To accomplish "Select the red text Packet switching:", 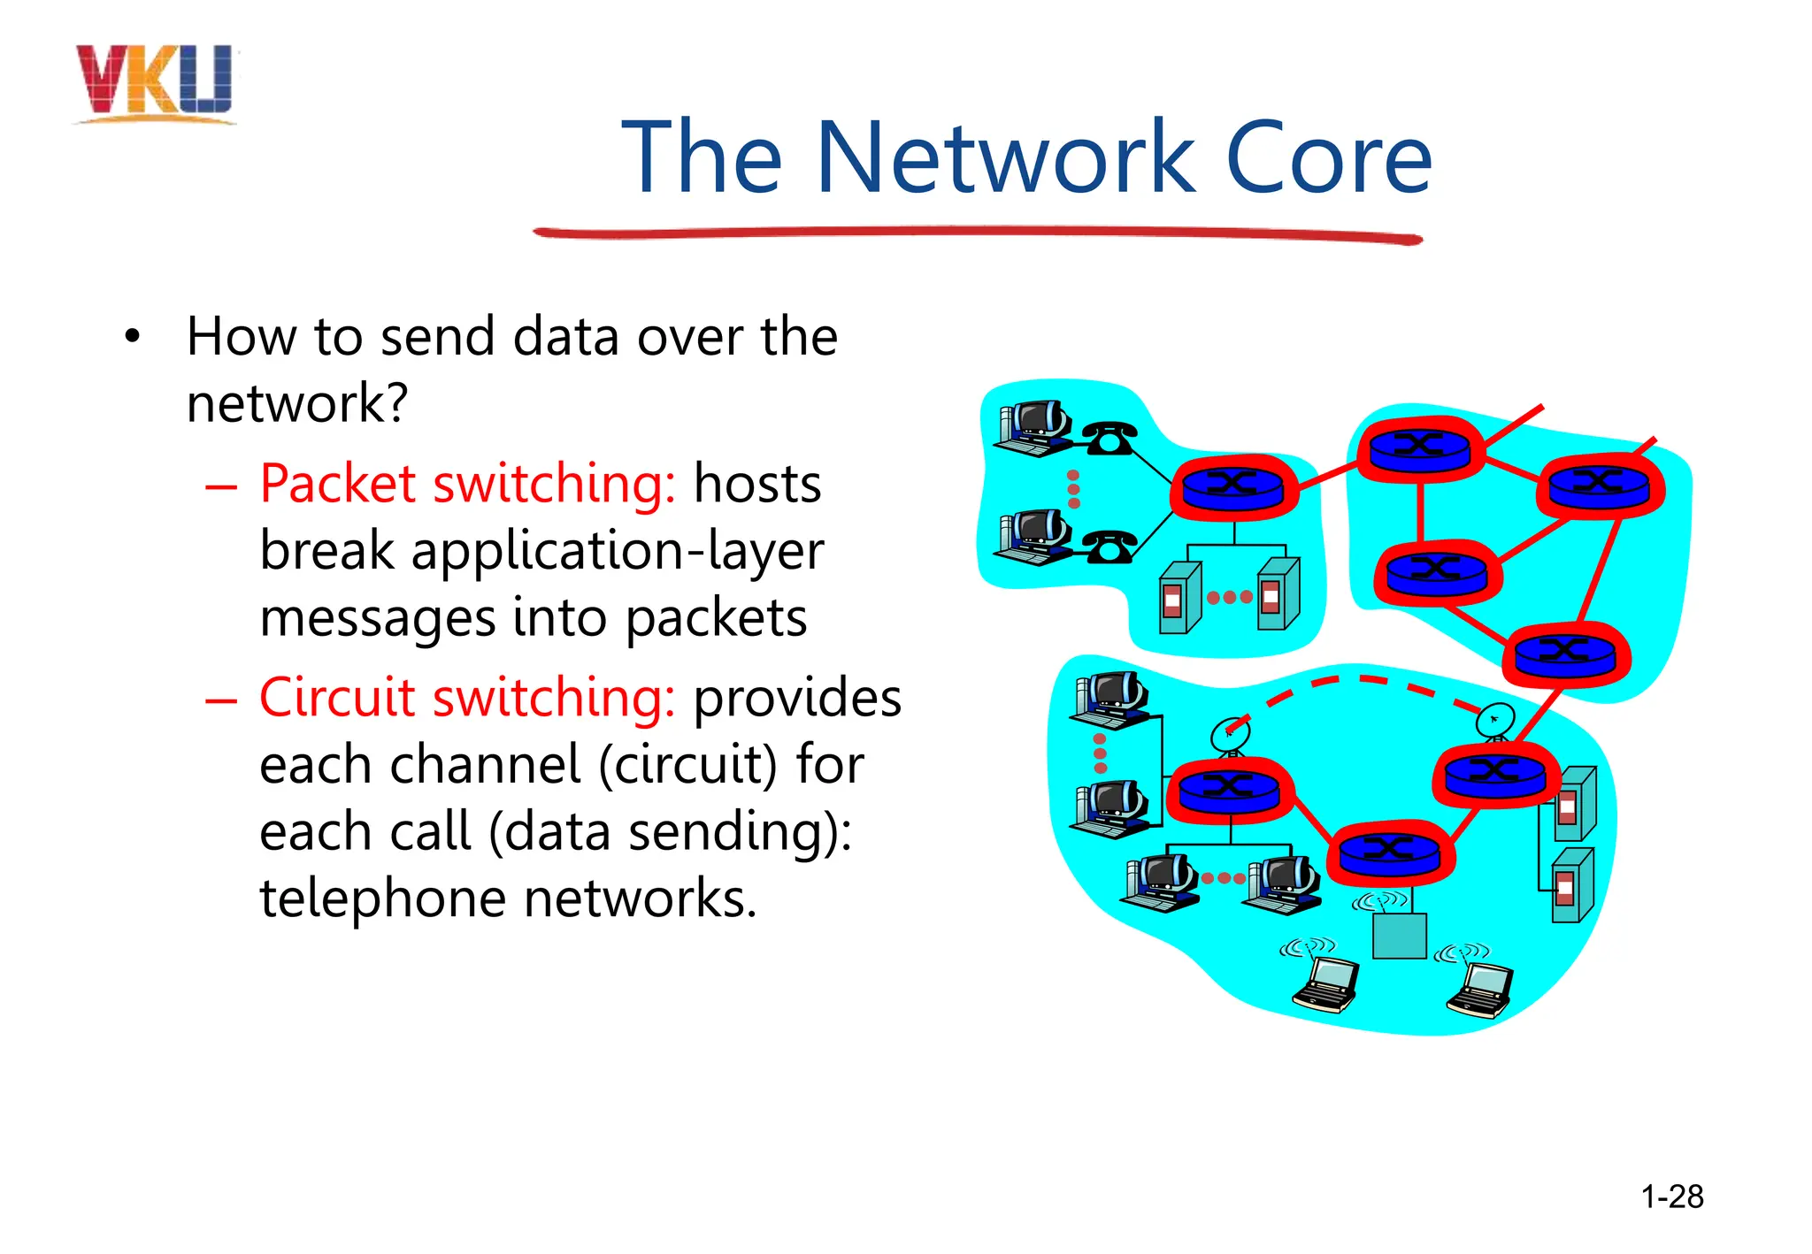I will coord(467,485).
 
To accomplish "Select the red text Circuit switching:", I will coord(467,699).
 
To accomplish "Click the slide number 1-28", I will coord(1671,1197).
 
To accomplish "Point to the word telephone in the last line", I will coord(382,899).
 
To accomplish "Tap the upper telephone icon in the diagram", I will coord(1109,438).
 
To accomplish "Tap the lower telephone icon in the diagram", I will coord(1109,547).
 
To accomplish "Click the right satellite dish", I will coord(1495,721).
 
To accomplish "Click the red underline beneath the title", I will coord(977,234).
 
